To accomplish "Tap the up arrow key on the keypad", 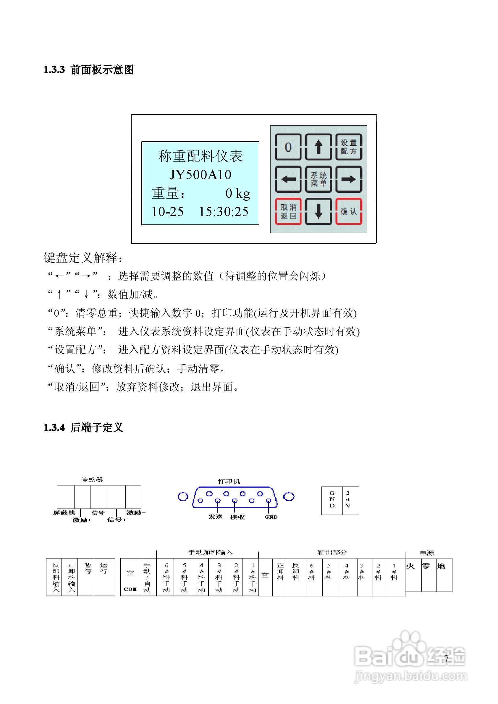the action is coord(318,147).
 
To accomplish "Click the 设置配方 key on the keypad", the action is coord(349,147).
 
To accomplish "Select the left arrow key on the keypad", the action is coord(288,179).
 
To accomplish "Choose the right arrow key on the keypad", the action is coord(349,179).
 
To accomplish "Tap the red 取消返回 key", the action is coord(288,212).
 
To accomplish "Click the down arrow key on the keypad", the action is coord(318,212).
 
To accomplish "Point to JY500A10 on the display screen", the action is coord(201,174).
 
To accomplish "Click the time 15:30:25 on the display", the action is coord(224,212).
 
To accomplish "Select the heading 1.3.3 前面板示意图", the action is coord(89,70).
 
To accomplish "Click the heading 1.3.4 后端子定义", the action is coord(83,428).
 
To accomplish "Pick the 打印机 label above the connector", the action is coord(229,481).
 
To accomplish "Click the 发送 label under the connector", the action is coord(216,517).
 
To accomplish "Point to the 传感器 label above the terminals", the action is coord(92,480).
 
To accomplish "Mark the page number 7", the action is coord(446,658).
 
